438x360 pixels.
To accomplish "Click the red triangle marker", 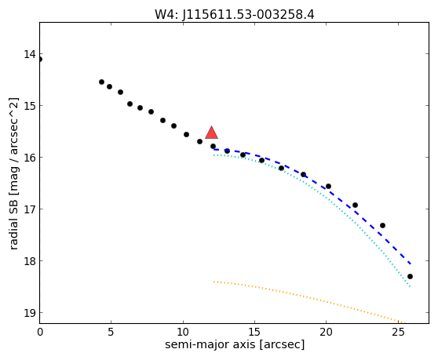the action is (x=211, y=133).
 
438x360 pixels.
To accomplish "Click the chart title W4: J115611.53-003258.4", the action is (x=235, y=14).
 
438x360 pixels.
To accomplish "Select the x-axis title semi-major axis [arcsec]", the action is (x=235, y=344).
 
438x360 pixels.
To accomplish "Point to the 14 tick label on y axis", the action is (x=30, y=54).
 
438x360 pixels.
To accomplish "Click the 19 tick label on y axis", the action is (x=30, y=313).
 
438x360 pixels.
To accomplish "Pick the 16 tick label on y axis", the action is (x=30, y=158).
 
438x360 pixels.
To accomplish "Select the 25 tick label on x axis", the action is (x=398, y=332).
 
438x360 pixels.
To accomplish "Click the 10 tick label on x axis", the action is (x=183, y=332).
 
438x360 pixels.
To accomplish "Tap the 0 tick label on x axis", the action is (x=40, y=332).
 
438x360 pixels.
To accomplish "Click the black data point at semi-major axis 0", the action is (x=40, y=59).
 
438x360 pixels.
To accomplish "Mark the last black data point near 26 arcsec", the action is (x=410, y=277).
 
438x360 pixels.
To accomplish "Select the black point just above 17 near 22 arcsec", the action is (x=355, y=205).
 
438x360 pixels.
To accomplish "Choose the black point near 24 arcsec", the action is (x=383, y=225).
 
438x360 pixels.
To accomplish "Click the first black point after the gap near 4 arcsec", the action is (x=102, y=82).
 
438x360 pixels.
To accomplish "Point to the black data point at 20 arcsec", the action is (x=328, y=187).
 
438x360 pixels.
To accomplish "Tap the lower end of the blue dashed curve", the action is (x=411, y=264).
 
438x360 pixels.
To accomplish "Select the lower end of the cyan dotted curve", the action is (x=410, y=286).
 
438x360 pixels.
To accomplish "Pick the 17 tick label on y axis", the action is (x=30, y=209).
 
